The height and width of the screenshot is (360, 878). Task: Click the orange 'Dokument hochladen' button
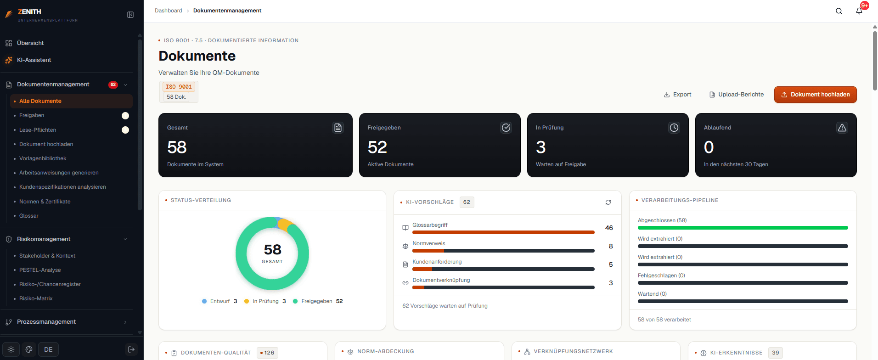coord(815,95)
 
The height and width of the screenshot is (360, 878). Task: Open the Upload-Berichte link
coord(737,95)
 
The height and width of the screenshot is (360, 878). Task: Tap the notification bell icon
coord(859,11)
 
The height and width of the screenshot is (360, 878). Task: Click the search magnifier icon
coord(839,11)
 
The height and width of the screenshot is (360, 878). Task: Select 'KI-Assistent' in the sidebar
coord(34,60)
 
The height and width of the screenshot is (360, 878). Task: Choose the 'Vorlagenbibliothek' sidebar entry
coord(43,158)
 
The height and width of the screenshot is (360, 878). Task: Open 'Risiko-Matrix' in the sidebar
coord(36,298)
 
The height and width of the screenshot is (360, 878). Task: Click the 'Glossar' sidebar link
coord(29,216)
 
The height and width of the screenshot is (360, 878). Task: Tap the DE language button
coord(48,349)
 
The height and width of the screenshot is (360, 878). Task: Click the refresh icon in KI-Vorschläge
coord(608,202)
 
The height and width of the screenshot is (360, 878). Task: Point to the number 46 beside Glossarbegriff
coord(609,228)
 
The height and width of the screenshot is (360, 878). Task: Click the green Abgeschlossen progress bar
coord(743,228)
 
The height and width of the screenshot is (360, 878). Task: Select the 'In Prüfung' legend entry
coord(265,301)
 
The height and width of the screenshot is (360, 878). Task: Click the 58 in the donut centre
coord(272,249)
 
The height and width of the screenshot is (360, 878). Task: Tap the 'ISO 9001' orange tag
coord(179,87)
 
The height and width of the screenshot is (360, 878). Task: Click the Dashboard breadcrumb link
coord(169,11)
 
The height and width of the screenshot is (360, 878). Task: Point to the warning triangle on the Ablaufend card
coord(842,128)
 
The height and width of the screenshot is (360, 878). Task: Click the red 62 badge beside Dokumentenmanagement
coord(113,84)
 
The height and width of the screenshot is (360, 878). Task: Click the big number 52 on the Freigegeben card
coord(377,147)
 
